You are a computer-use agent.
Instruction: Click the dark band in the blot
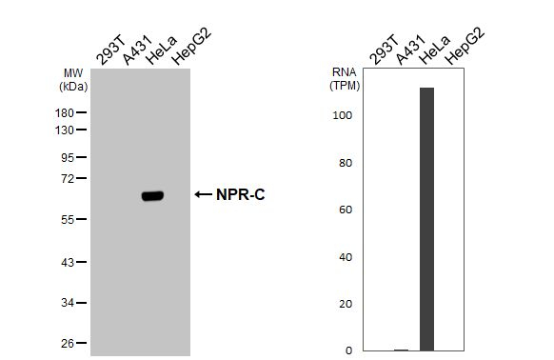click(x=152, y=195)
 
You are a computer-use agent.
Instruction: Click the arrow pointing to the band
click(x=203, y=194)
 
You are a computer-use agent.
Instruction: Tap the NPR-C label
click(x=240, y=194)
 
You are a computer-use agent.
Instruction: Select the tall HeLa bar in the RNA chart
click(x=426, y=219)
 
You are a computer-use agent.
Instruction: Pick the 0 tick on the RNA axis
click(x=348, y=350)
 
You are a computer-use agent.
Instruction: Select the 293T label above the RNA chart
click(x=382, y=52)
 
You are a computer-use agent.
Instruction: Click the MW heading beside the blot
click(x=73, y=72)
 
